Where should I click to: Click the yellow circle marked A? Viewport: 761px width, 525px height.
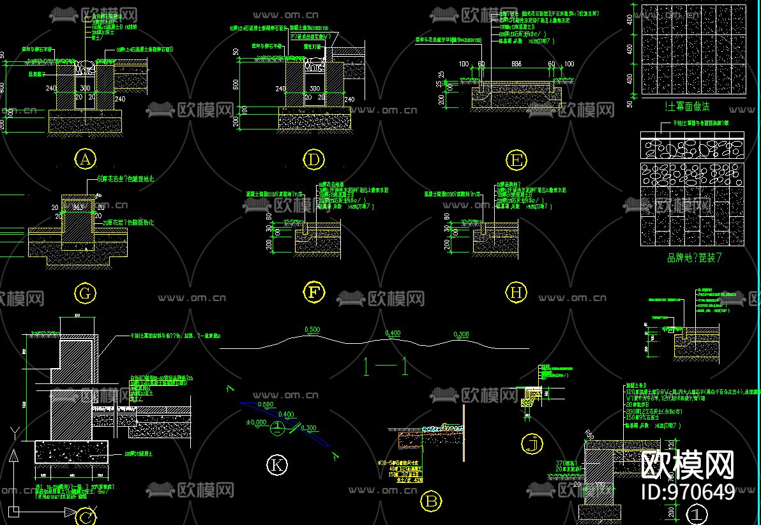tap(85, 159)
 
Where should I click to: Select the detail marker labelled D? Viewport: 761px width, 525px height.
tap(313, 159)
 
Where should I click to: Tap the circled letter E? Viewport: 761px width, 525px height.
tap(516, 160)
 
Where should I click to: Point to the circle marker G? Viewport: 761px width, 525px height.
tap(85, 293)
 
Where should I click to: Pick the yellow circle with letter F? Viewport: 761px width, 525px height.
tap(313, 293)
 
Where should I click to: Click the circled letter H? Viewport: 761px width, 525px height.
tap(516, 293)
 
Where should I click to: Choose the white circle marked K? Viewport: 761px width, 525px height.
tap(276, 466)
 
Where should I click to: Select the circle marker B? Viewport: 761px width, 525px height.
tap(432, 502)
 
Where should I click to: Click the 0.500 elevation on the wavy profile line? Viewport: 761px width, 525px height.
tap(312, 330)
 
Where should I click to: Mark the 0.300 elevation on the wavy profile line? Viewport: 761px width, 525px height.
tap(460, 334)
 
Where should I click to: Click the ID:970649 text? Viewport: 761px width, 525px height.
tap(688, 492)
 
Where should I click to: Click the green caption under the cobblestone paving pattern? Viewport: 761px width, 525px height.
tap(694, 258)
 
